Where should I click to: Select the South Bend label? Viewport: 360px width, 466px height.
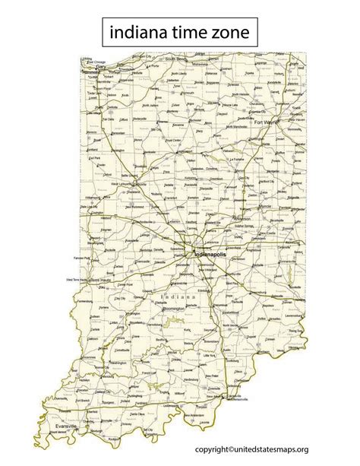coord(177,59)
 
